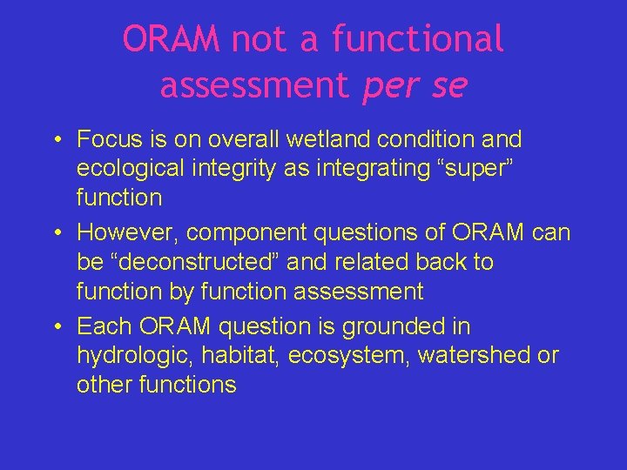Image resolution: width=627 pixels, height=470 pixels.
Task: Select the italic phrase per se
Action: click(x=415, y=85)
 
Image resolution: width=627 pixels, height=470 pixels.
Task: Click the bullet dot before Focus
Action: click(x=55, y=140)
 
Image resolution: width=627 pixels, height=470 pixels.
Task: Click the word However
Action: click(x=126, y=233)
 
